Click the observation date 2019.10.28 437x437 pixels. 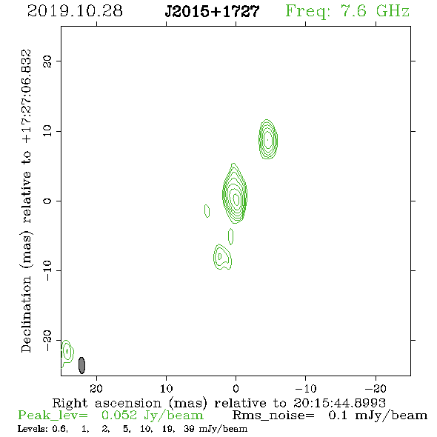coord(75,11)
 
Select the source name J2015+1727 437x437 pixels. coord(212,12)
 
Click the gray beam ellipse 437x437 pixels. coord(81,365)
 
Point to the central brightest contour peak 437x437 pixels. coord(236,199)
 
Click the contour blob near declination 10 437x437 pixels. coord(268,139)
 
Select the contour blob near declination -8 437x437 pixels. coord(222,257)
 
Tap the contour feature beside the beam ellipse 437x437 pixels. coord(67,352)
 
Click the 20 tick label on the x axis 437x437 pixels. coord(96,389)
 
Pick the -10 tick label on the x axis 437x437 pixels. coord(306,389)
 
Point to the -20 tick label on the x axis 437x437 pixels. coord(376,389)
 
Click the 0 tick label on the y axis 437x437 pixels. coord(47,201)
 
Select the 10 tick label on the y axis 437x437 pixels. coord(47,131)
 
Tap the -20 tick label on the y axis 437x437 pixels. coord(47,341)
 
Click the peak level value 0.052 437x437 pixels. coord(119,416)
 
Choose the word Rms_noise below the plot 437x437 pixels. coord(273,416)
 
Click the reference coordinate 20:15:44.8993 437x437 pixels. coord(339,403)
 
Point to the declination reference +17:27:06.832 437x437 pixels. coord(27,96)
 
